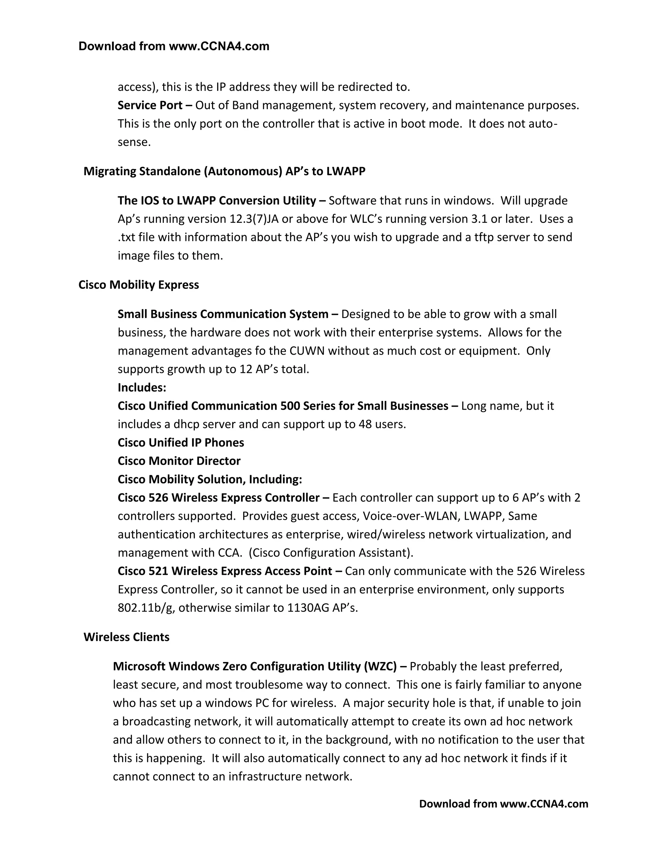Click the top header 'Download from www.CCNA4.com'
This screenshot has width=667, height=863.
174,46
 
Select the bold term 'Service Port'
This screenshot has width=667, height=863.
150,106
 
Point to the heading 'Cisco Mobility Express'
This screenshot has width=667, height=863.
139,285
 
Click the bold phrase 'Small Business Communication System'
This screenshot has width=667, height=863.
223,314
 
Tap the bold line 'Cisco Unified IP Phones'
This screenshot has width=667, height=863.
180,443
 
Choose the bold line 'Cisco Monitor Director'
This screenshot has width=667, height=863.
179,461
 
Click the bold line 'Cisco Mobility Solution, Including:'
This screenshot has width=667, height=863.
210,479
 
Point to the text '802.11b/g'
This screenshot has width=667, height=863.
146,608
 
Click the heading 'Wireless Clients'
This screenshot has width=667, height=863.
126,637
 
